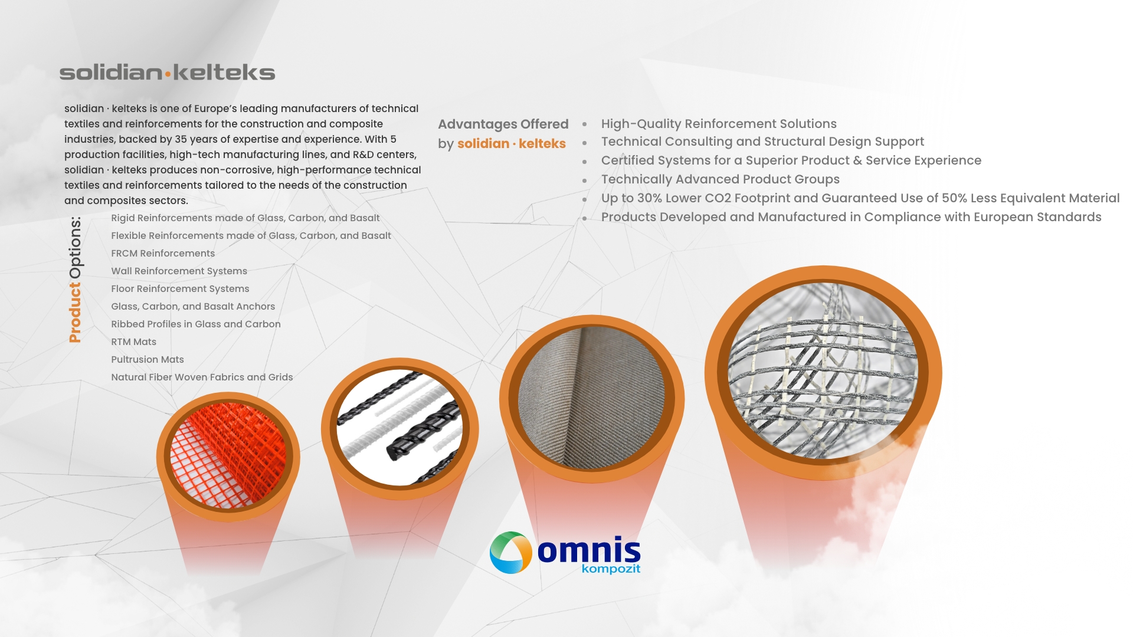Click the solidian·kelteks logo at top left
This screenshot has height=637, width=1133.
click(x=167, y=73)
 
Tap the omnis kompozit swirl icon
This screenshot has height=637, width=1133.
click(x=511, y=553)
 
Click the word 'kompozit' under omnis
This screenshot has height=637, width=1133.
click(x=611, y=569)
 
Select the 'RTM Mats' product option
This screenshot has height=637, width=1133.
click(x=134, y=342)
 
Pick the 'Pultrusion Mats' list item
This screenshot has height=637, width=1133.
click(x=148, y=360)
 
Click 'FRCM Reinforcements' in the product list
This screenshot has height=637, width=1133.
click(x=163, y=254)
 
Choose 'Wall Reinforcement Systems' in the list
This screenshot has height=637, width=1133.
click(x=179, y=271)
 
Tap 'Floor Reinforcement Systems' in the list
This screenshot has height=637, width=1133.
click(x=180, y=289)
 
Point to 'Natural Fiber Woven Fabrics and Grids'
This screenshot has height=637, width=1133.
click(x=202, y=377)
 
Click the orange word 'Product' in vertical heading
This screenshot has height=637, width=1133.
click(x=75, y=313)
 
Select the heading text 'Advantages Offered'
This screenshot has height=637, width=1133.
click(x=503, y=124)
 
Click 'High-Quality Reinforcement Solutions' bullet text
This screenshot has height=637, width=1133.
click(x=719, y=124)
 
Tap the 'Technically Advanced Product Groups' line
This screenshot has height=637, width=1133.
click(x=721, y=179)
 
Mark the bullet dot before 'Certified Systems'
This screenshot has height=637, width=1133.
click(x=585, y=162)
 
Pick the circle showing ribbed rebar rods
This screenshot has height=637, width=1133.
click(x=400, y=428)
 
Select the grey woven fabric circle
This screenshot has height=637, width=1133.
click(x=592, y=399)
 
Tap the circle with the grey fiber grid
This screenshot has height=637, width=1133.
click(x=823, y=372)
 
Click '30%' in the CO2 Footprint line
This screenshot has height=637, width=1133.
click(x=649, y=198)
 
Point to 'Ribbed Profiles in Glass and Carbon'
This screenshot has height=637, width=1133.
click(x=196, y=324)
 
